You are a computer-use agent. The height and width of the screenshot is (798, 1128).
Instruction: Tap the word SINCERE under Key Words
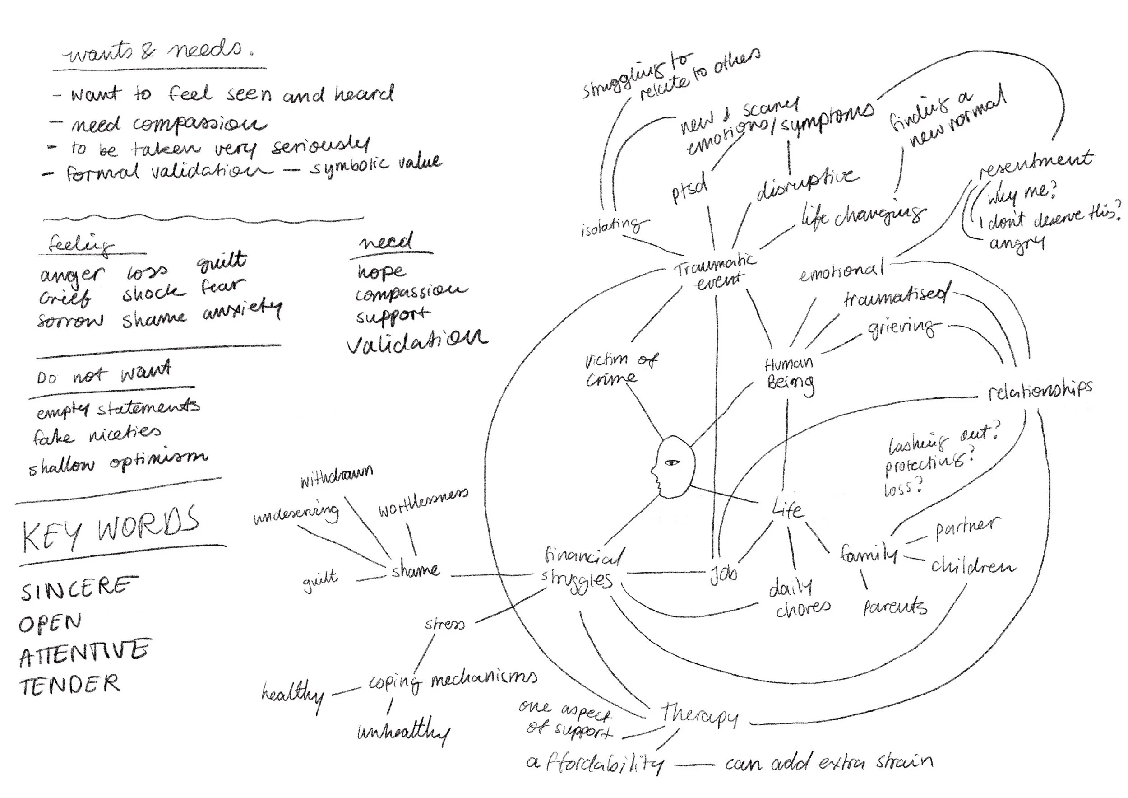76,588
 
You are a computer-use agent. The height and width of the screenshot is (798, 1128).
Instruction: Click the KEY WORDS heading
111,530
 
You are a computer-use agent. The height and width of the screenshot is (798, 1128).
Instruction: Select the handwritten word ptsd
690,188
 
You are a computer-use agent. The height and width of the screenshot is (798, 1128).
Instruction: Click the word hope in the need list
382,271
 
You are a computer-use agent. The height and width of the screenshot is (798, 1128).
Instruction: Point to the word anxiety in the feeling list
242,310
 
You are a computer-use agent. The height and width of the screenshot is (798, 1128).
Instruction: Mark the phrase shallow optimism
118,462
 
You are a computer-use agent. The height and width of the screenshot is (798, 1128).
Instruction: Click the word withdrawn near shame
337,476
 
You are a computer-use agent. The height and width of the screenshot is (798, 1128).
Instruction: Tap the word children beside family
973,566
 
